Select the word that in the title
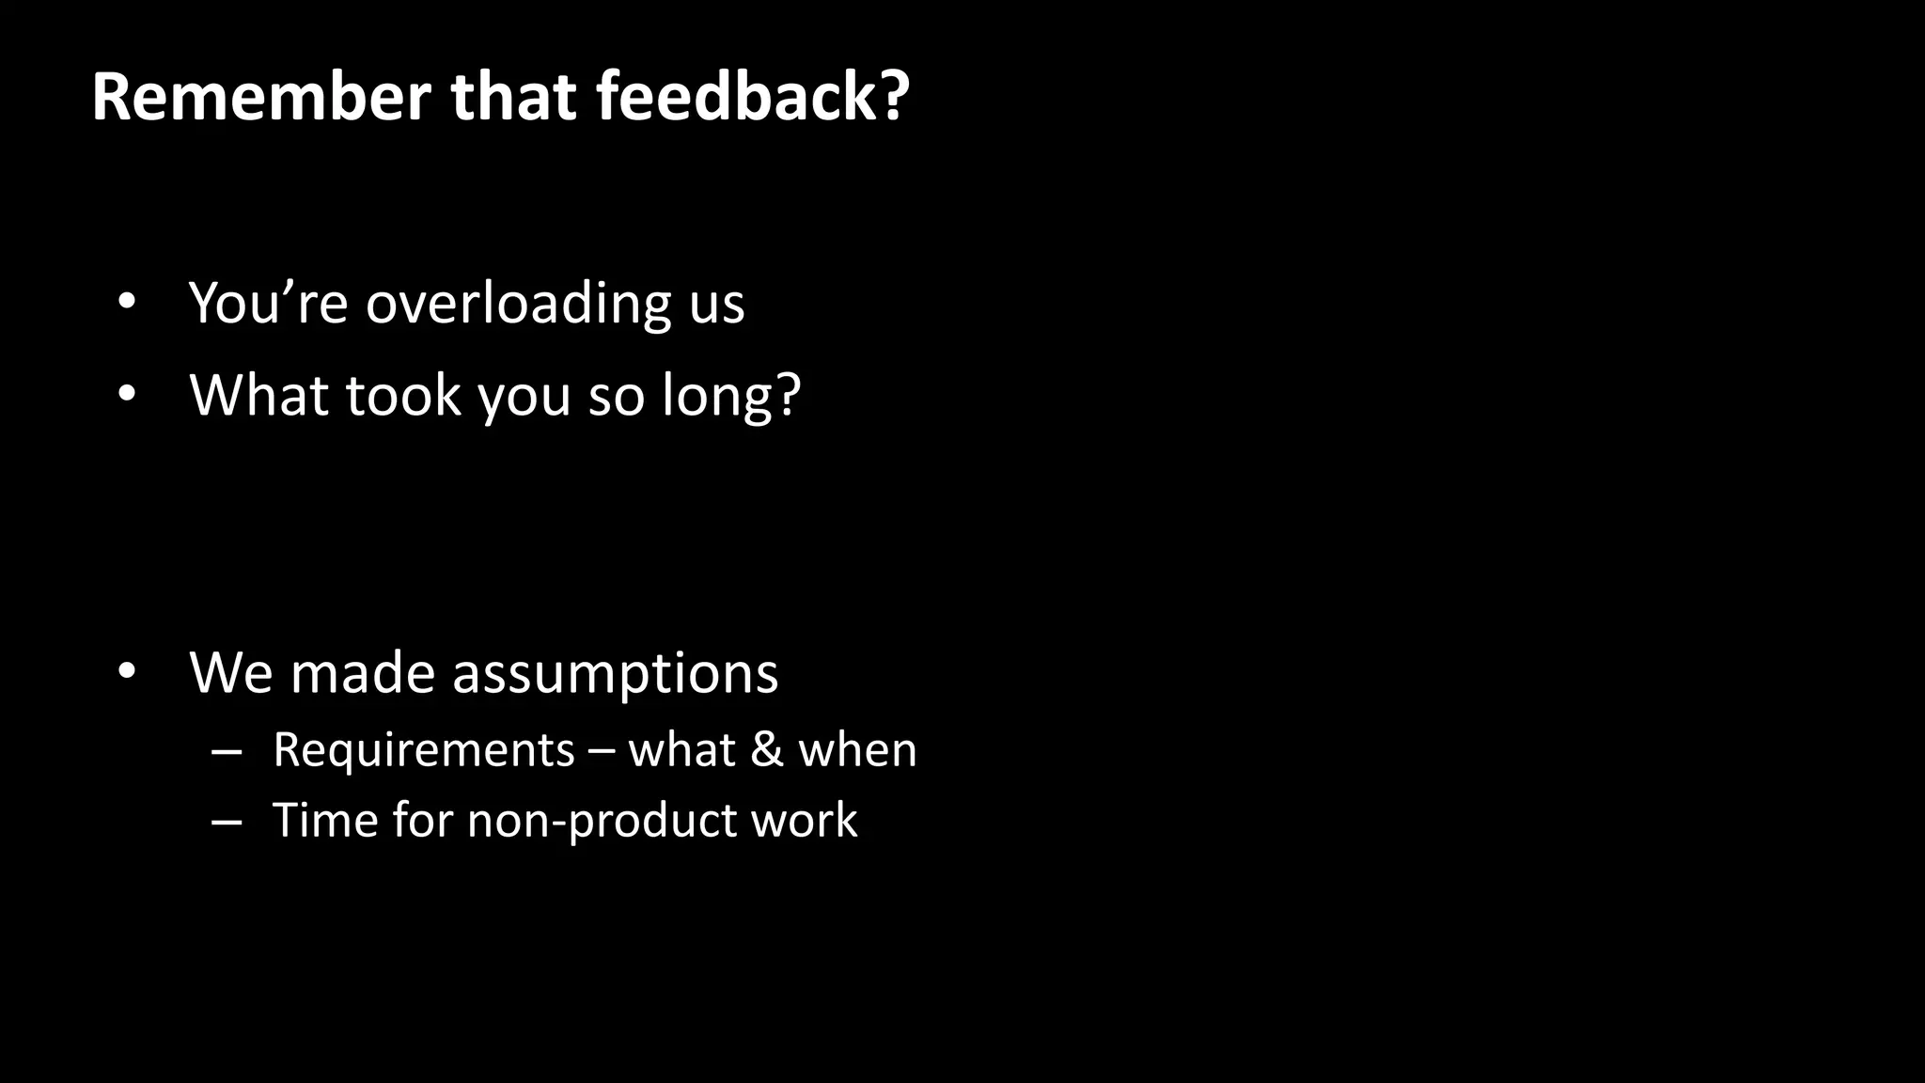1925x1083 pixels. (x=512, y=97)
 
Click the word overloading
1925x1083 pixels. (x=518, y=304)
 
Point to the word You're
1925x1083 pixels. (x=269, y=304)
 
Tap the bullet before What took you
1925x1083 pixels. (x=127, y=395)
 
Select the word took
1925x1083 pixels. (x=403, y=395)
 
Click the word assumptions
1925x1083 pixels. (x=616, y=673)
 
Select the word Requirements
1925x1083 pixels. (x=423, y=750)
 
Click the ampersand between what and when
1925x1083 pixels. (x=767, y=750)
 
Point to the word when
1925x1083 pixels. (x=857, y=750)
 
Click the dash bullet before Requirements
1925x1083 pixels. (x=227, y=750)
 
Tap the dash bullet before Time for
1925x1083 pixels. (x=227, y=821)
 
